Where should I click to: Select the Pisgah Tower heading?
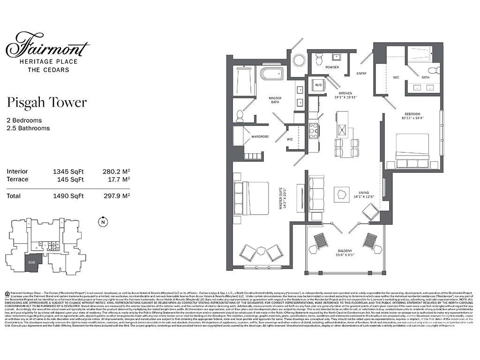pos(47,103)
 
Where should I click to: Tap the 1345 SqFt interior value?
pos(68,172)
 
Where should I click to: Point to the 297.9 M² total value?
pos(116,196)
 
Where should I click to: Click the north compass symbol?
pos(102,223)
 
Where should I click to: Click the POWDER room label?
pos(332,67)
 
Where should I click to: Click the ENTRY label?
pos(361,74)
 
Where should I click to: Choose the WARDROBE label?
pos(260,137)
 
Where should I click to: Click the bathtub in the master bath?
pos(272,74)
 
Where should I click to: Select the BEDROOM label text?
pos(413,114)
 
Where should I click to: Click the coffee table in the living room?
pos(342,194)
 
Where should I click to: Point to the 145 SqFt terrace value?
pos(70,179)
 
